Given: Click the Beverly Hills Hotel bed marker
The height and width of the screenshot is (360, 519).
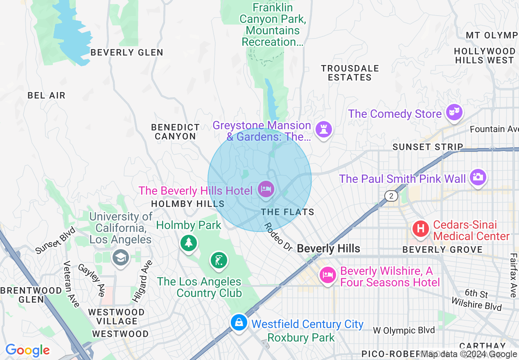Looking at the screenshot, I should [266, 189].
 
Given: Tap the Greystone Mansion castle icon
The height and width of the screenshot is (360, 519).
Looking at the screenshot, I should [324, 130].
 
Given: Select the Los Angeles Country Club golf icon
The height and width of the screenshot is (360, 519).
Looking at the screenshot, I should [219, 260].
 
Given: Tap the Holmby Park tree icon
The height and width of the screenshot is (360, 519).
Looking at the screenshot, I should [188, 243].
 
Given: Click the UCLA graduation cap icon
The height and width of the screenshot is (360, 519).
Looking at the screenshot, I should [121, 258].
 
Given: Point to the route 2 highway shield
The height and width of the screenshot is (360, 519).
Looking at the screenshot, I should [391, 196].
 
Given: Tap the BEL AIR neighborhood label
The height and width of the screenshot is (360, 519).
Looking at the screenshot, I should [46, 95].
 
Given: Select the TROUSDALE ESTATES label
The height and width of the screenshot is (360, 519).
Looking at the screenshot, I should [350, 73].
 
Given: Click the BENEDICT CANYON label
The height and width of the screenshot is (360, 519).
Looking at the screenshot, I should [175, 132].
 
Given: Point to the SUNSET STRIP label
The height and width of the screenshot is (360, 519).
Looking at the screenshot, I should [428, 147].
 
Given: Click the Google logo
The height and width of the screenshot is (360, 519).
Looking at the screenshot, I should [27, 350].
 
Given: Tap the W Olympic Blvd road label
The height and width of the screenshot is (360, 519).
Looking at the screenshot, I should [404, 331].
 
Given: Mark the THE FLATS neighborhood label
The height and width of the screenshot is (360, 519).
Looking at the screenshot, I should [288, 212].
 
